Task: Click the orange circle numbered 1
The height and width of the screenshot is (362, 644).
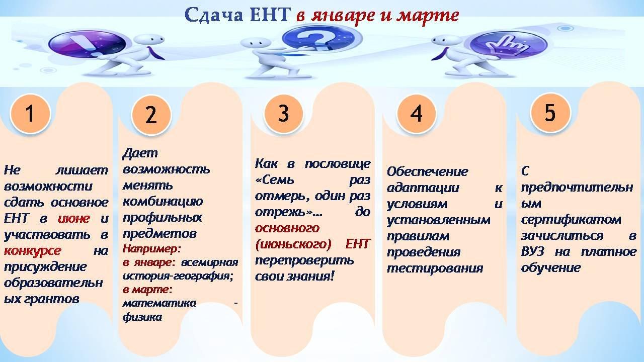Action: click(30, 114)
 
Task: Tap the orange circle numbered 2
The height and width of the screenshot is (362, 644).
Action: click(151, 115)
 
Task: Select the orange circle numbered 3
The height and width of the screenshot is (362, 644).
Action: click(283, 114)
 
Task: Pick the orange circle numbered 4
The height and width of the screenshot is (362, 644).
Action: click(416, 114)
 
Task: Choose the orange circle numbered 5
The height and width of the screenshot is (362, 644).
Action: click(550, 112)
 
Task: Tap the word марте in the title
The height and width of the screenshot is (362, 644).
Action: click(428, 15)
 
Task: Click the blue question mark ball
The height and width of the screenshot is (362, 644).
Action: click(317, 40)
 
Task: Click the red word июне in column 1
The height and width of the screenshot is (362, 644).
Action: click(74, 219)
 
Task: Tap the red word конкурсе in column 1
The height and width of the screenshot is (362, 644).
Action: click(33, 251)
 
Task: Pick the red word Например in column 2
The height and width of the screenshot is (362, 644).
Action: click(150, 249)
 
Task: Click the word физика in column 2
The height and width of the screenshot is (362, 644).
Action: click(142, 317)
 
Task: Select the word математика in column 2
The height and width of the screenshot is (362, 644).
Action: click(159, 303)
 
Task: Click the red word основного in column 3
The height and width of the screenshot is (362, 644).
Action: click(287, 228)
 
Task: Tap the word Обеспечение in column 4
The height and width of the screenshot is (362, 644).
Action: click(428, 172)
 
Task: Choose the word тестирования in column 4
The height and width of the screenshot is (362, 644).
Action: click(435, 268)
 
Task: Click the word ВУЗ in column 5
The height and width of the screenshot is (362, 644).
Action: click(532, 252)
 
